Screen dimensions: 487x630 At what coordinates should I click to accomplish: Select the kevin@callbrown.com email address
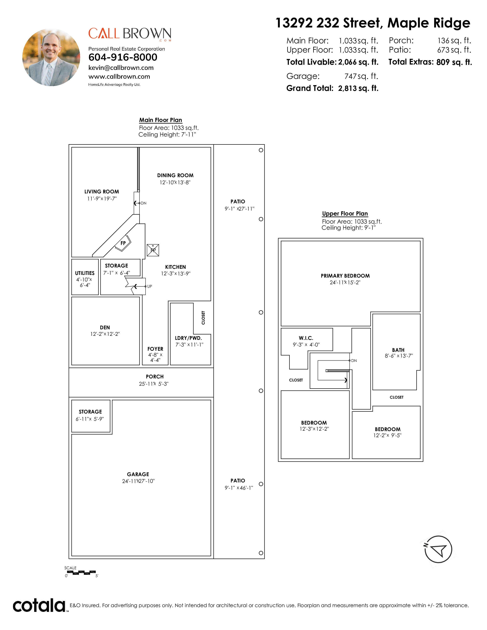(121, 68)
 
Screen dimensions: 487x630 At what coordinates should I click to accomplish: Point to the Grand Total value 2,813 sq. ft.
(358, 88)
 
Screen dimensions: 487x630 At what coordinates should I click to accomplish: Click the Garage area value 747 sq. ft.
(361, 76)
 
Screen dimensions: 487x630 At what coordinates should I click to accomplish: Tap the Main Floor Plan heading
(160, 120)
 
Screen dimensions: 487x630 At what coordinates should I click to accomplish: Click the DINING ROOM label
(175, 175)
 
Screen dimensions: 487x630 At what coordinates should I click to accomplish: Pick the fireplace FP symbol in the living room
(123, 243)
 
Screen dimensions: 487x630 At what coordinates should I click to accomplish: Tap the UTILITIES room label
(85, 273)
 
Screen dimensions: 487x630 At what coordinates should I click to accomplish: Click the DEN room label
(105, 327)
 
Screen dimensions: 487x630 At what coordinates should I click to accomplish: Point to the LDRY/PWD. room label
(188, 338)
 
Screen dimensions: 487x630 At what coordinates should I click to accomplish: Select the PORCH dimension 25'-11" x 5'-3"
(154, 384)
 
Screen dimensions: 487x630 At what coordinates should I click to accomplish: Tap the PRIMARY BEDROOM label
(345, 276)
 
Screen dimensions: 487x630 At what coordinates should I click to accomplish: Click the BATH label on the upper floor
(398, 350)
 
